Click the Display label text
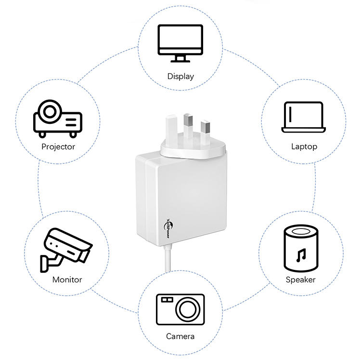[180, 76]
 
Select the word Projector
[58, 147]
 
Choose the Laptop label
[304, 146]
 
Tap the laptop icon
[304, 117]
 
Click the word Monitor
[67, 280]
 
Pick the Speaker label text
[300, 280]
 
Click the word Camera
[180, 336]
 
